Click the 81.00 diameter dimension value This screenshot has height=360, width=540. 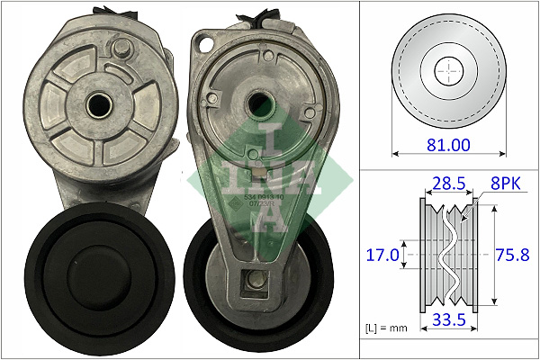pos(447,143)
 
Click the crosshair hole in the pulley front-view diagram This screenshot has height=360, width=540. pos(447,69)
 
